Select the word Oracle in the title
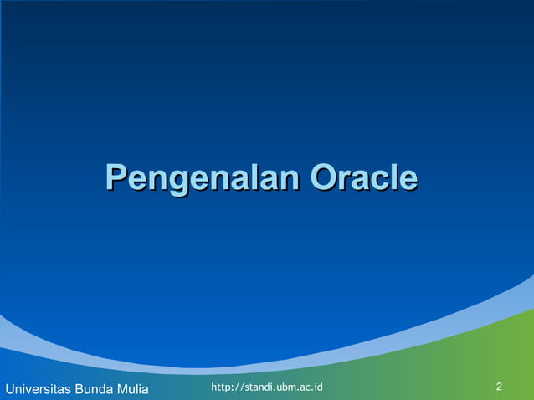tap(363, 178)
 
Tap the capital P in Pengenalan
tap(116, 178)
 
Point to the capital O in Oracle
tap(324, 178)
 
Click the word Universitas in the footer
tap(38, 389)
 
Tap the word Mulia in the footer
tap(132, 389)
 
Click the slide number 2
tap(499, 387)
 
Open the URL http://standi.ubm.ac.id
tap(267, 387)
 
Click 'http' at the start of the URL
tap(221, 387)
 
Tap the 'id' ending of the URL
tap(318, 387)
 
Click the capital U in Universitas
tap(9, 389)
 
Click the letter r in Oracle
tap(344, 180)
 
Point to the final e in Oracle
tap(408, 180)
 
